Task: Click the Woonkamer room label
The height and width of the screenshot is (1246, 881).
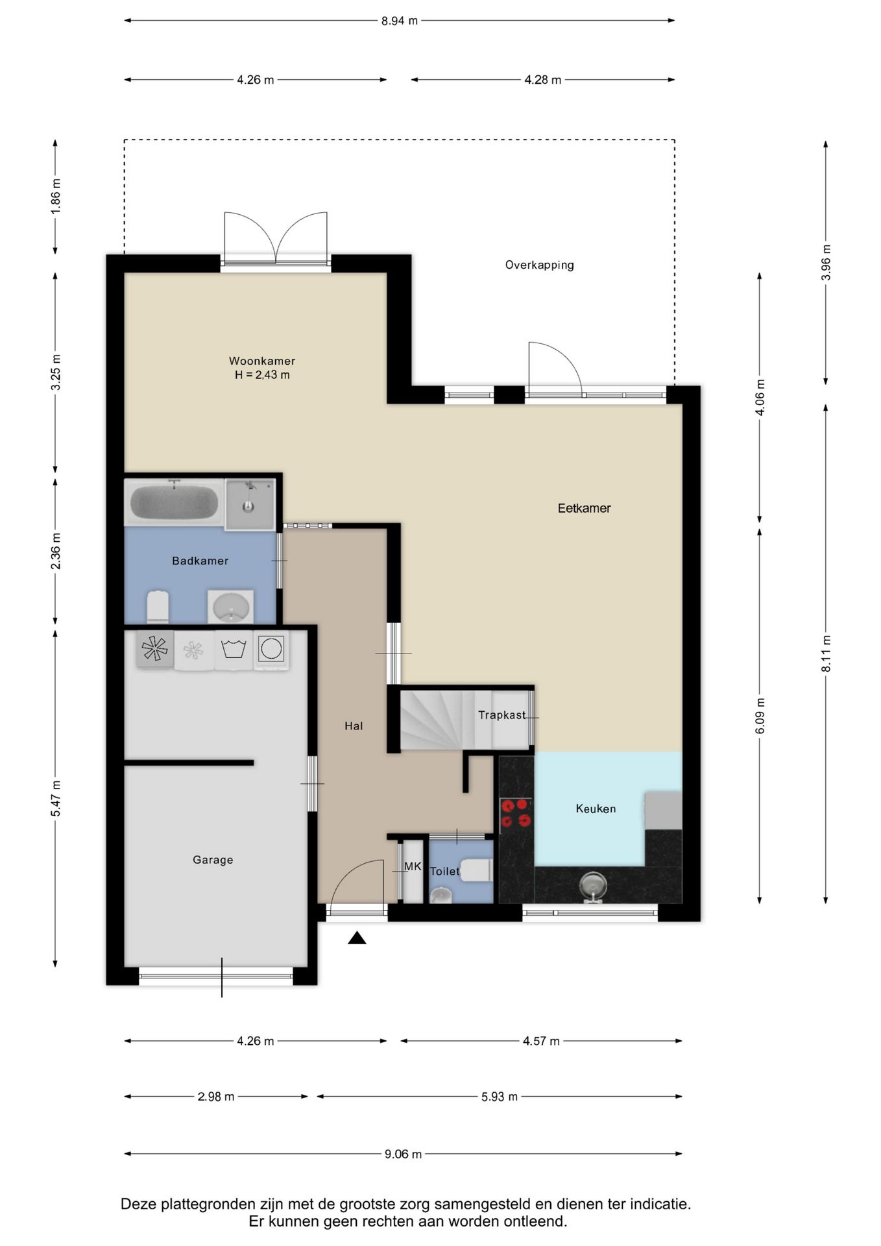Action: (262, 361)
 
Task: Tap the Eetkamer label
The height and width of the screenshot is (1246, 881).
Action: (584, 508)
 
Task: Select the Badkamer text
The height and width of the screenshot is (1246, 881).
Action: (200, 561)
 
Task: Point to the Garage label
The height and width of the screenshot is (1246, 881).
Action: (213, 860)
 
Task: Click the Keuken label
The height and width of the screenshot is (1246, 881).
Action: (596, 809)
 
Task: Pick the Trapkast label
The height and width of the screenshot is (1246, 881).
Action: (502, 715)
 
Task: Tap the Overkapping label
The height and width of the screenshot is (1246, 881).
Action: (540, 265)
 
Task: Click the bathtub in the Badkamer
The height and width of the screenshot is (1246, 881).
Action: (174, 502)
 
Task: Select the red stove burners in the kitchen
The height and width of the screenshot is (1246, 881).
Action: (515, 813)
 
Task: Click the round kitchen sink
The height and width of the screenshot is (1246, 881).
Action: (593, 884)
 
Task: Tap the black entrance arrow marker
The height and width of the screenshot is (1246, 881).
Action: (357, 938)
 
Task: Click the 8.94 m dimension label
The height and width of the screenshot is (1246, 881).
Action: (400, 21)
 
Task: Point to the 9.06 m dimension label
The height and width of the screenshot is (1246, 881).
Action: (403, 1154)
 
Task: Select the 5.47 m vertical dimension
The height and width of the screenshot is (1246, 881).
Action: (56, 798)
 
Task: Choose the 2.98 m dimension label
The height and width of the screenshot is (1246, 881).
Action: (216, 1097)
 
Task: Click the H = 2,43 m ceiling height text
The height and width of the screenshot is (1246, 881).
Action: (262, 375)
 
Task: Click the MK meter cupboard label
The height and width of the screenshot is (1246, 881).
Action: (413, 866)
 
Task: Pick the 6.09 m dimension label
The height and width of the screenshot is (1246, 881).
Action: (760, 716)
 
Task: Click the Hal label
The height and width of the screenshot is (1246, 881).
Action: (354, 726)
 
